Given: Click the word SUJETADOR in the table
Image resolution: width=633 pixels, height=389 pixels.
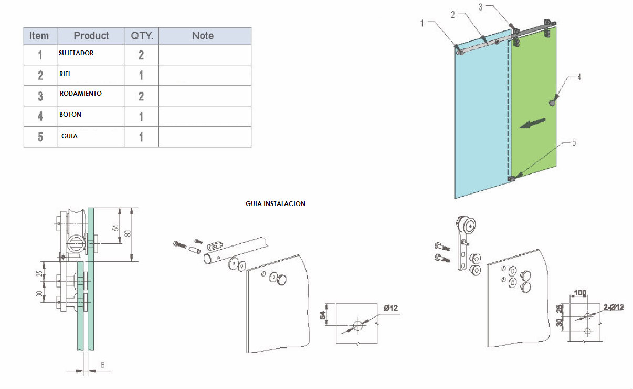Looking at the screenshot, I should click(76, 53).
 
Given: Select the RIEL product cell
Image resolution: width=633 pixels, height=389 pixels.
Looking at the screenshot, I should click(65, 75).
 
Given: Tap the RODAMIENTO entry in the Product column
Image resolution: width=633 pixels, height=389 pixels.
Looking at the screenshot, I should click(81, 94).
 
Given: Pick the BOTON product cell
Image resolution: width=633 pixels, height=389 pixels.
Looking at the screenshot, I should click(70, 115).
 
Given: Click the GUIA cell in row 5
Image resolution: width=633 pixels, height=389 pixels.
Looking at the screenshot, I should click(69, 136).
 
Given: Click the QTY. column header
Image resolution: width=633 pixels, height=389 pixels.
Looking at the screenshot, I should click(141, 36).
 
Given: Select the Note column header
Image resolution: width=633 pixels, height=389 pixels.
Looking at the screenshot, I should click(203, 36).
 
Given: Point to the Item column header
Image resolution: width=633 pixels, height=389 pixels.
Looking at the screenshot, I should click(39, 36).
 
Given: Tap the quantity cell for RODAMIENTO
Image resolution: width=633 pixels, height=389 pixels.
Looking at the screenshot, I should click(141, 96).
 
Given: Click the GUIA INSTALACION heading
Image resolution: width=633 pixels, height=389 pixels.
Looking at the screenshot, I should click(275, 204).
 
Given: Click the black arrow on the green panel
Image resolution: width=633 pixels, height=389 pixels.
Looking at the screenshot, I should click(532, 124).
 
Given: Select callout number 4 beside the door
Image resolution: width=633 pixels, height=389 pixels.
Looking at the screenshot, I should click(579, 77).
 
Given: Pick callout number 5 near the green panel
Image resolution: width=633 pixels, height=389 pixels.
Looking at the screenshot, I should click(574, 142).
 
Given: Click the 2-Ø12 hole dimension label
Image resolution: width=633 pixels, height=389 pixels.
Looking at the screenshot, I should click(613, 308).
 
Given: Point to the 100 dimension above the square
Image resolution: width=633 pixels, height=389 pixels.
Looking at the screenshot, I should click(581, 293).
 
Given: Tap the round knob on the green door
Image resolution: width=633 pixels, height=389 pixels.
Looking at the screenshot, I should click(552, 103).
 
